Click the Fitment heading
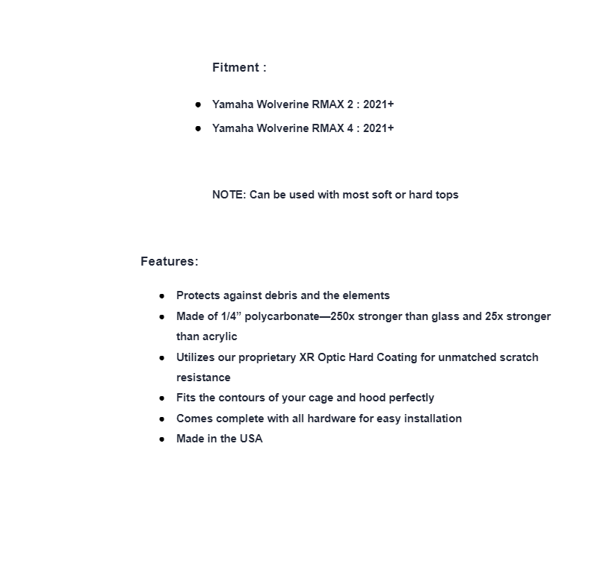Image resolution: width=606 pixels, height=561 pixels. (x=238, y=67)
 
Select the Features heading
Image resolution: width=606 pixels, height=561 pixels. (x=169, y=261)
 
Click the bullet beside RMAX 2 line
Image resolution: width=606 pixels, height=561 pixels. (x=198, y=104)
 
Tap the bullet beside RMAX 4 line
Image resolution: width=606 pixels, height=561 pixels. (x=198, y=128)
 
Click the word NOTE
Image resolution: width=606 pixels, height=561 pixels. (x=228, y=195)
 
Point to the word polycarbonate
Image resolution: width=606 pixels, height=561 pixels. (x=282, y=316)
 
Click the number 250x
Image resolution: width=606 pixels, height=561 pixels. (x=344, y=316)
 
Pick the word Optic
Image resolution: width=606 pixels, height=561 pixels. (x=331, y=357)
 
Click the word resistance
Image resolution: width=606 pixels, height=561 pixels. (x=203, y=377)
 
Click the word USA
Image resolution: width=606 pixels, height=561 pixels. (x=251, y=439)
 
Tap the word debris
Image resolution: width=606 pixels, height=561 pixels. (x=279, y=295)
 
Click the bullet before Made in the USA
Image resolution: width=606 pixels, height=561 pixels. (x=162, y=439)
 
